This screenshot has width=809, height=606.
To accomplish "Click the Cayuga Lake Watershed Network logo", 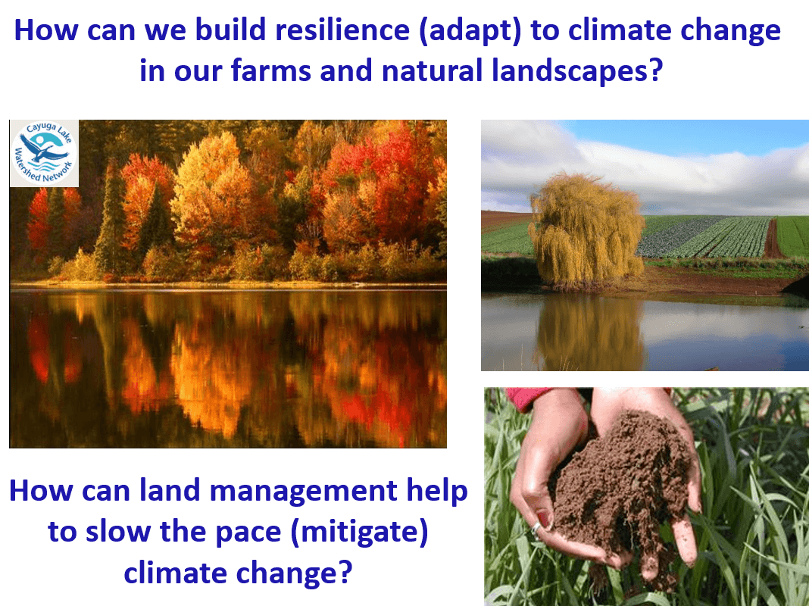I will [x=44, y=153].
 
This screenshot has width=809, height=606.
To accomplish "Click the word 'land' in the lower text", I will [x=172, y=492].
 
